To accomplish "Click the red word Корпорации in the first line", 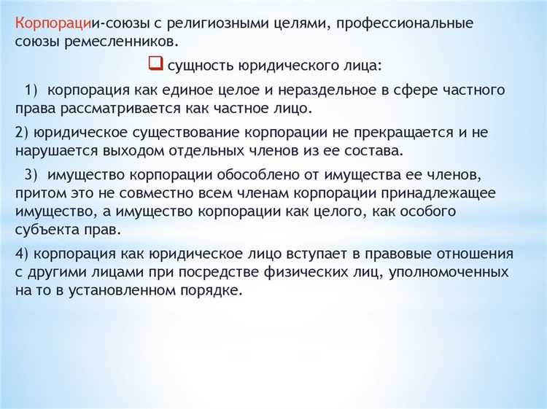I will [x=49, y=23].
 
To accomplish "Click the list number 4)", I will [x=22, y=254].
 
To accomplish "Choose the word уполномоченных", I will [x=448, y=272].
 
